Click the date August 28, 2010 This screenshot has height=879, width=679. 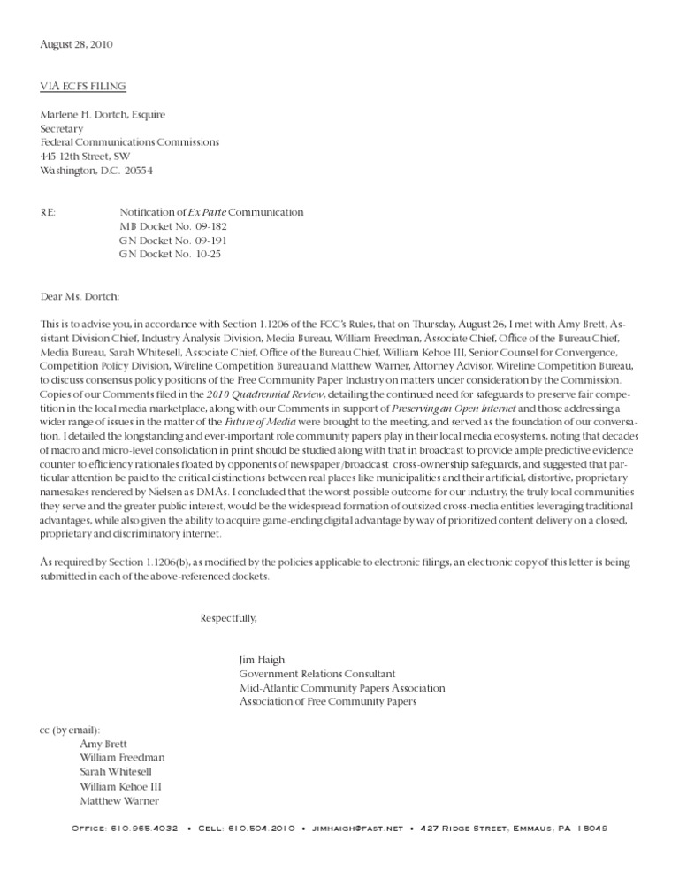coord(76,44)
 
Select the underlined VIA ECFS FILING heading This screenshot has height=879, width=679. coord(83,86)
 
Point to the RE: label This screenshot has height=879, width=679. coord(50,212)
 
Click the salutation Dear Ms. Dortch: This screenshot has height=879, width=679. coord(80,296)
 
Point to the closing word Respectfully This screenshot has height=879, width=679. coord(229,616)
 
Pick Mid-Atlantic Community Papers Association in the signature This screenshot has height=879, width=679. coord(342,688)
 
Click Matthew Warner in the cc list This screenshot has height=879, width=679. coord(119,800)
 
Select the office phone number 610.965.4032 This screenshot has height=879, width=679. coord(144,829)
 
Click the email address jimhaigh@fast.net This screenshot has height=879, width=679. coord(357,829)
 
